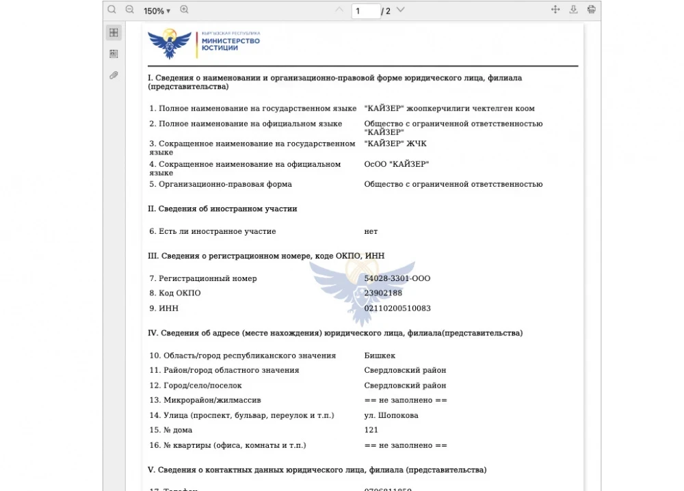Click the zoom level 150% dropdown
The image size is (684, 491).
157,10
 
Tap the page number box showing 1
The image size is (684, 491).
365,11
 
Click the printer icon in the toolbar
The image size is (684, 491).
592,10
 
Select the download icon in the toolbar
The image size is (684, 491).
574,10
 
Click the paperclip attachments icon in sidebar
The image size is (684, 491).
114,75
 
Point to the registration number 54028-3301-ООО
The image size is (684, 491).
397,278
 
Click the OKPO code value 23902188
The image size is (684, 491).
383,293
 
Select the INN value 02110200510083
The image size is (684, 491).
397,308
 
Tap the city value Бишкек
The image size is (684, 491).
380,356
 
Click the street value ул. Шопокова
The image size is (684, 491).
391,415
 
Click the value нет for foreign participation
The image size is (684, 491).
371,231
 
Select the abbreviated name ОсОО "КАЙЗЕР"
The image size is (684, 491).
397,164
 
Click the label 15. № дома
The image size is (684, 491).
171,430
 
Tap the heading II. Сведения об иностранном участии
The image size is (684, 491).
222,209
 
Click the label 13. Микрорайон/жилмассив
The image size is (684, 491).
205,400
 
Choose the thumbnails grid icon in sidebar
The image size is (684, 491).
114,33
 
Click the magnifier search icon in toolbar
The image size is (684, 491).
112,10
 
